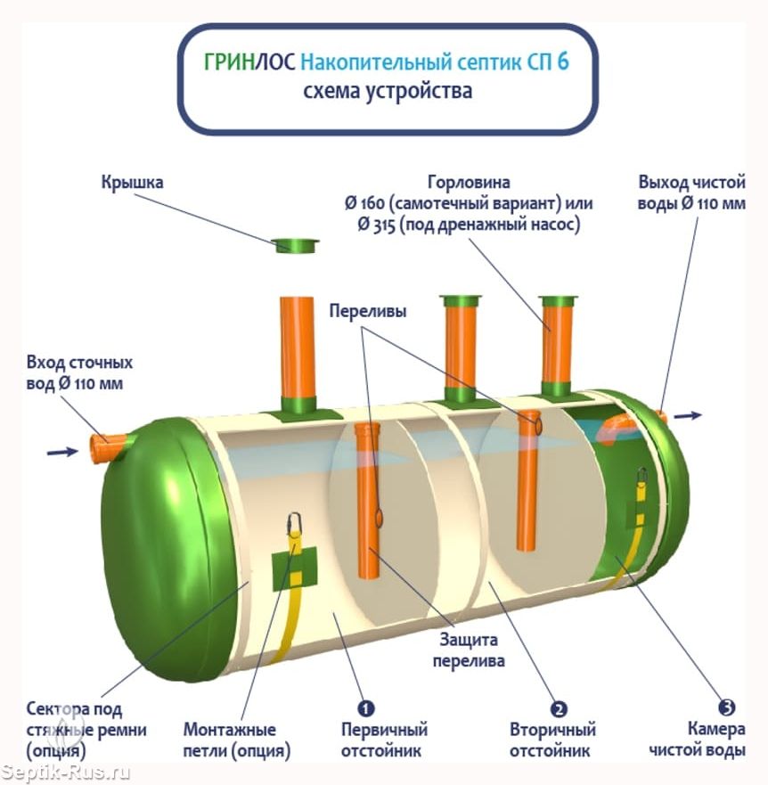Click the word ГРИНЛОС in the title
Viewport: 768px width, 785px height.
point(249,62)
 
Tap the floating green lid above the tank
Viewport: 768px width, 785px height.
point(297,245)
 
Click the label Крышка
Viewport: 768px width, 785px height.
point(132,182)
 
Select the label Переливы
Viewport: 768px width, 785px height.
point(367,311)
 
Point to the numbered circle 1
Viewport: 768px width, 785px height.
point(365,708)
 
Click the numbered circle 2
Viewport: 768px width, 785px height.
point(559,709)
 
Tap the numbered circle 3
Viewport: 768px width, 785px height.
point(726,707)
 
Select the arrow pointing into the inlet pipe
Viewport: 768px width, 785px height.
point(62,452)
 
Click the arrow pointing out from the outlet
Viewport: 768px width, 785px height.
point(688,415)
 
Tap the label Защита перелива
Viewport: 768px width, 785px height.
point(468,650)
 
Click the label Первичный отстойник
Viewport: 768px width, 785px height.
point(384,740)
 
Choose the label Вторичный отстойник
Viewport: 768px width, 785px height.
point(552,740)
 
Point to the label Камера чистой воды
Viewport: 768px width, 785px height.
point(697,739)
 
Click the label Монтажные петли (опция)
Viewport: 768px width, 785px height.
point(236,740)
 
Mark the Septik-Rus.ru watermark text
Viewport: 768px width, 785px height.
point(64,773)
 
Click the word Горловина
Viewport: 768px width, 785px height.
point(469,182)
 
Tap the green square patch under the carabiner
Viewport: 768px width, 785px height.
point(294,569)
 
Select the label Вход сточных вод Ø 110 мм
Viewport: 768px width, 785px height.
point(79,373)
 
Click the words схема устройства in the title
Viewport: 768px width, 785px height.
point(387,92)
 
